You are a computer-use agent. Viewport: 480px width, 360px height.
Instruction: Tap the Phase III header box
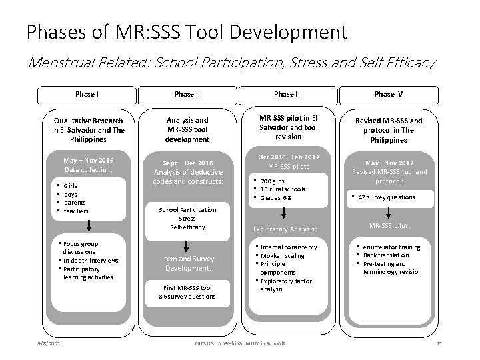coord(287,94)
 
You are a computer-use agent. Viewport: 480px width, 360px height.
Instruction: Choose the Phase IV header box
coord(389,94)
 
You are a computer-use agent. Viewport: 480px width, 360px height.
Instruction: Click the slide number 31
coord(438,343)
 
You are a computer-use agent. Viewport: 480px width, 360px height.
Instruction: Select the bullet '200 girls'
coord(275,181)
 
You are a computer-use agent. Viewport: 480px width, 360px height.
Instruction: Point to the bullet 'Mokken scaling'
coord(282,256)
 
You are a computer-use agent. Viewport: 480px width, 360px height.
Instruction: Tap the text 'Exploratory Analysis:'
coord(285,229)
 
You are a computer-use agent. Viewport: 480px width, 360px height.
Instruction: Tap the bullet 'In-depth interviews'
coord(91,261)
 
